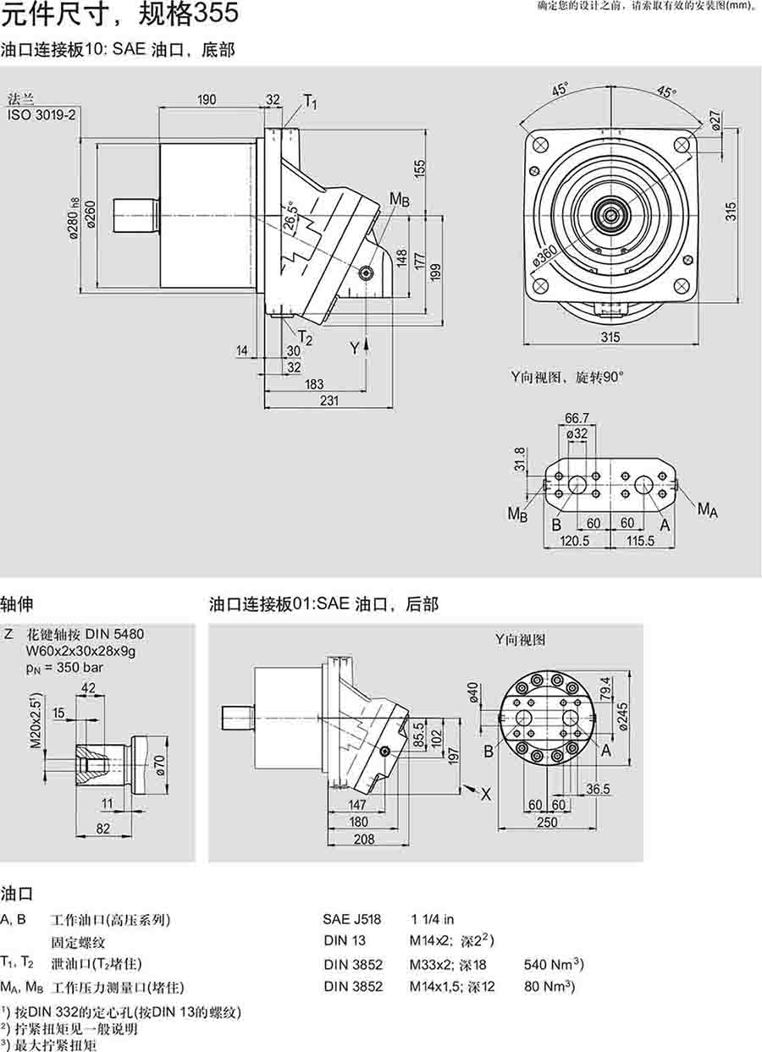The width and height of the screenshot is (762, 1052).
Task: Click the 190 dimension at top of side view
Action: coord(206,100)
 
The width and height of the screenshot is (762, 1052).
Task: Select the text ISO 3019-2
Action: coord(40,113)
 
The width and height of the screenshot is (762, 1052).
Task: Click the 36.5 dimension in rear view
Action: coord(599,789)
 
